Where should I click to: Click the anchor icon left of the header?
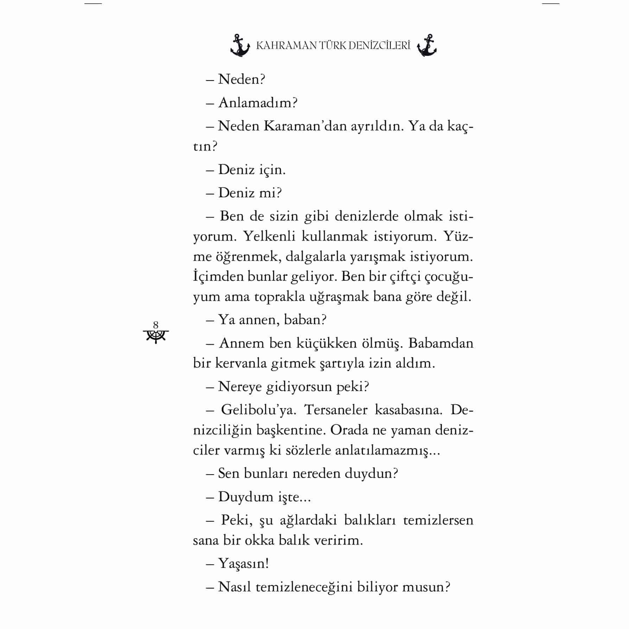pyautogui.click(x=240, y=46)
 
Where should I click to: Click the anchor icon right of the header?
pyautogui.click(x=427, y=46)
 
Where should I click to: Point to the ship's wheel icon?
pyautogui.click(x=156, y=336)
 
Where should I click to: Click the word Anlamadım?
pyautogui.click(x=258, y=103)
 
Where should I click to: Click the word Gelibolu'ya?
pyautogui.click(x=259, y=410)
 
